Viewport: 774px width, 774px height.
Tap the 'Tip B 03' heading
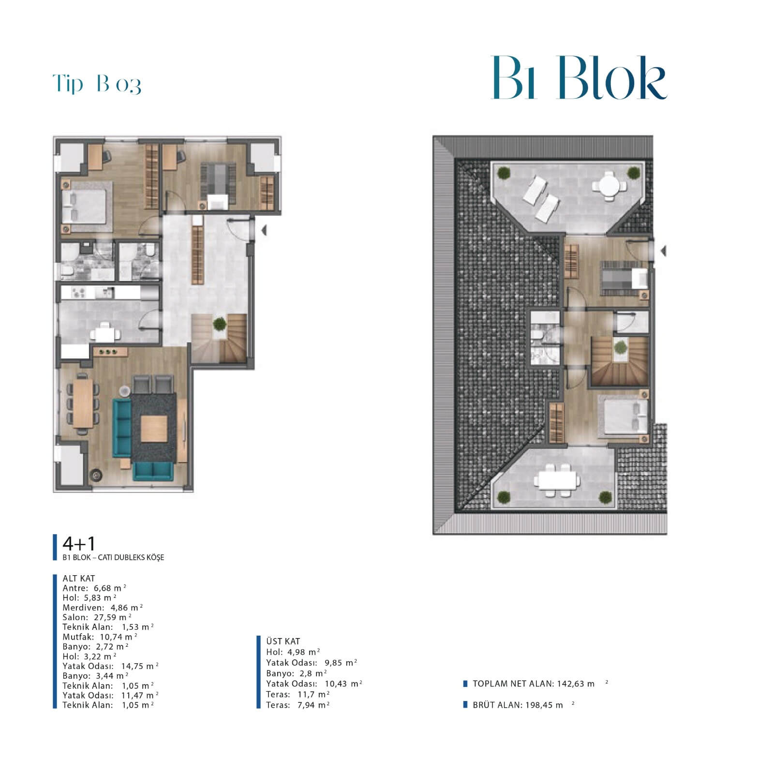coord(97,84)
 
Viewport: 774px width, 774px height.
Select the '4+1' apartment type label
coord(79,544)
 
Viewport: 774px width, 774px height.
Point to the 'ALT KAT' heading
coord(79,578)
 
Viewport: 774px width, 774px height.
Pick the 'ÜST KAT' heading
coord(283,641)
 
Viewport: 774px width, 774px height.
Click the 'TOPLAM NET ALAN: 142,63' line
coord(534,684)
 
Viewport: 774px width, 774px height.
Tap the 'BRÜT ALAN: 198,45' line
coord(518,705)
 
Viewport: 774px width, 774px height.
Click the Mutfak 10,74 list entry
coord(100,637)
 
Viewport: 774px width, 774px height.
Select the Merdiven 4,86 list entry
coord(103,608)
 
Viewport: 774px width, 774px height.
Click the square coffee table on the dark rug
coord(154,428)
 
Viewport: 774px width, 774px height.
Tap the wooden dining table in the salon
coord(83,403)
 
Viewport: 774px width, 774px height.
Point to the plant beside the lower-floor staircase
coord(220,324)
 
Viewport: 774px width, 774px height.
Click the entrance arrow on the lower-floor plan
coord(264,231)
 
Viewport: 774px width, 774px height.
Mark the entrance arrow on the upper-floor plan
coord(663,251)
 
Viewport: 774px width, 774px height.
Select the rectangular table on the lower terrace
coord(557,480)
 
